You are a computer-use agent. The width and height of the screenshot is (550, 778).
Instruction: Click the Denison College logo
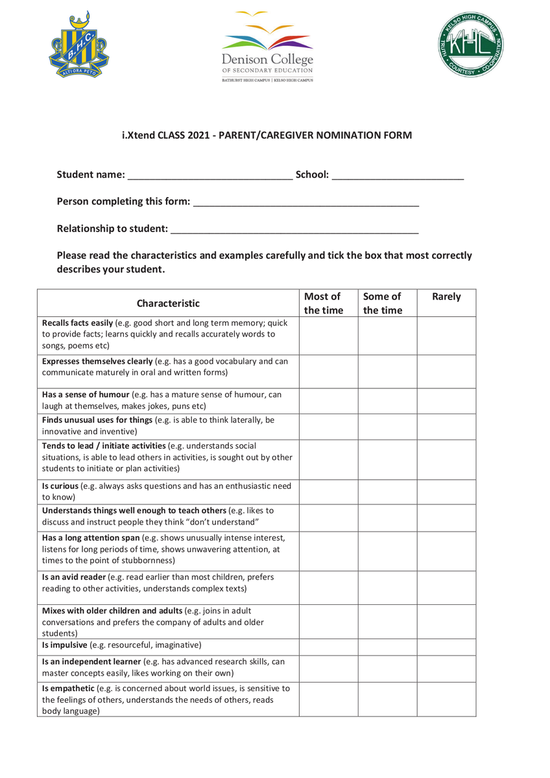click(267, 47)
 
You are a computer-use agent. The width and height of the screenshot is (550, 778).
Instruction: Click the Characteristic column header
click(168, 303)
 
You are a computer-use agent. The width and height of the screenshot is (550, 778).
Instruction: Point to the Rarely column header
click(446, 297)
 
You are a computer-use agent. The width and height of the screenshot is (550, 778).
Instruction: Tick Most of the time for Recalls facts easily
click(328, 335)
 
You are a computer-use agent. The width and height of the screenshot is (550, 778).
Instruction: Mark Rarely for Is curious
click(446, 492)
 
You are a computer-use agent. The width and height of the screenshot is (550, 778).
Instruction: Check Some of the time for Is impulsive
click(387, 646)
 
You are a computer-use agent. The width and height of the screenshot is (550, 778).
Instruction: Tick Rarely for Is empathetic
click(446, 699)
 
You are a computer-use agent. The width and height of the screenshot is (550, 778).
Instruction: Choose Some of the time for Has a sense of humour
click(387, 401)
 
